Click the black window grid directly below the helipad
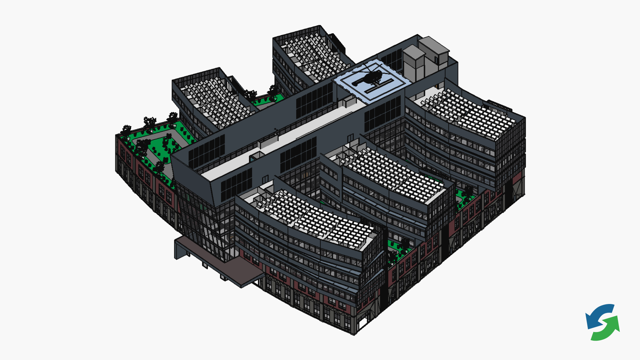click(x=382, y=113)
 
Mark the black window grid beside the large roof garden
click(x=207, y=152)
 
